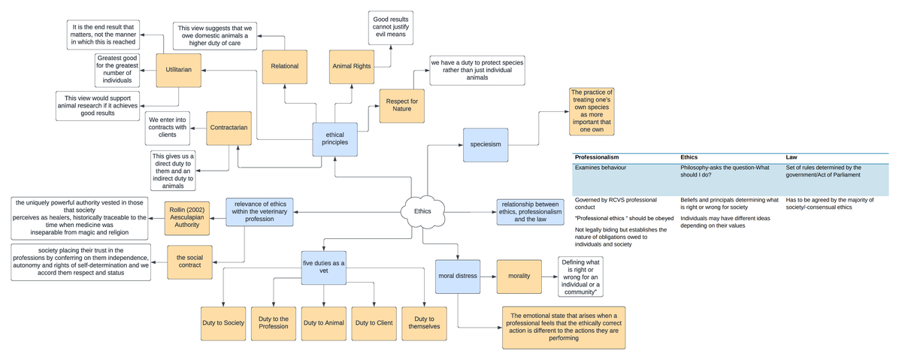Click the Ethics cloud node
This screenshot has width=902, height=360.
423,211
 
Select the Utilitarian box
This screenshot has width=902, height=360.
178,70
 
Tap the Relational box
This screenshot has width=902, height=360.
285,67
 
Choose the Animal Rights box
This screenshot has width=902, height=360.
352,67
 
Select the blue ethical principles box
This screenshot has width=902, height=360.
335,140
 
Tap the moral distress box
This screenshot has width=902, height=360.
457,277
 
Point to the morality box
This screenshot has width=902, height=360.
519,276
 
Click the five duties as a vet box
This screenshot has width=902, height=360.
324,268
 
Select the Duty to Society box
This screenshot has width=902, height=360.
223,323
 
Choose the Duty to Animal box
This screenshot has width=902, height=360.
324,323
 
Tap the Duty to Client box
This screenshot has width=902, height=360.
374,323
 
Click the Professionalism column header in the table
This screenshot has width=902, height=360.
596,157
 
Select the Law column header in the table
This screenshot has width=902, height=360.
792,157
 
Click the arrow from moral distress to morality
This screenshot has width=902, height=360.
488,277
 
